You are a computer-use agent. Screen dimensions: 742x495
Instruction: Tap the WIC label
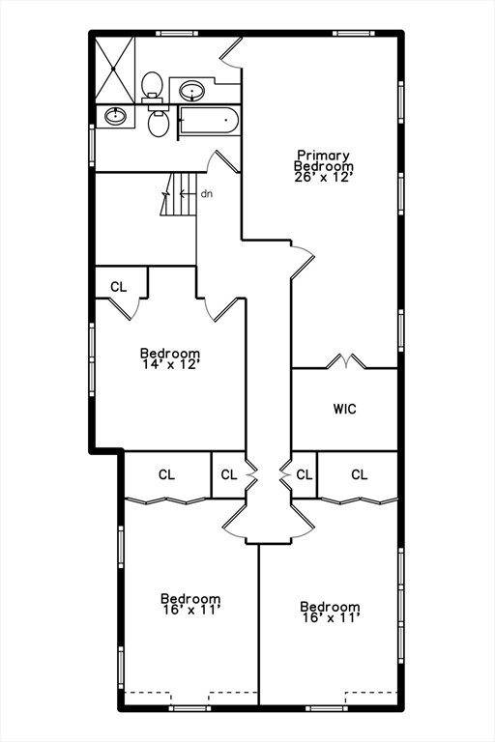[345, 409]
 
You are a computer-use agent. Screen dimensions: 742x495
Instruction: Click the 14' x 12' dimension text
[170, 365]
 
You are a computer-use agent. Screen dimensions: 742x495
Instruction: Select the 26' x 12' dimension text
[323, 177]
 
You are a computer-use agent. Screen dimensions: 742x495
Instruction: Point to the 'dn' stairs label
[207, 194]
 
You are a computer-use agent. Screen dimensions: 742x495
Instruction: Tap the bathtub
[210, 122]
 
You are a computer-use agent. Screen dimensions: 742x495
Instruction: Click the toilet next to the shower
[152, 86]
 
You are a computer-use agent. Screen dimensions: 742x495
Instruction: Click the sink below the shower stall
[115, 116]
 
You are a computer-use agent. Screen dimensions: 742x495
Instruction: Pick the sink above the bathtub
[192, 93]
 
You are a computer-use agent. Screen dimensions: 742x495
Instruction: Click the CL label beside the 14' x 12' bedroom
[119, 286]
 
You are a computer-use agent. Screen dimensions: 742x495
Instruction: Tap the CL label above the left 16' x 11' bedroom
[166, 474]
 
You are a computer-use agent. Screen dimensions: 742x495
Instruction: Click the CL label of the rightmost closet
[359, 474]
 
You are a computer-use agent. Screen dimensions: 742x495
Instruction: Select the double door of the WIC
[345, 362]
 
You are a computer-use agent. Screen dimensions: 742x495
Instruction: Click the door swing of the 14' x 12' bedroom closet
[127, 308]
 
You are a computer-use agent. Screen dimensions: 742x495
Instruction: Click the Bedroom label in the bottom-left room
[190, 599]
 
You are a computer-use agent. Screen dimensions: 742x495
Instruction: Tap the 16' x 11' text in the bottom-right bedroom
[331, 617]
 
